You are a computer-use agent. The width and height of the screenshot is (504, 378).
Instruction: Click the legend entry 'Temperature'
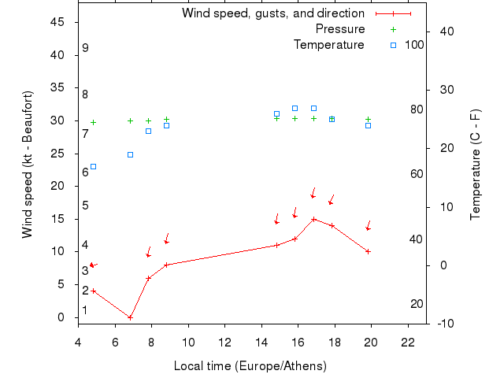click(329, 45)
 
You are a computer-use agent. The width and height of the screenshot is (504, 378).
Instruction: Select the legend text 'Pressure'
click(340, 29)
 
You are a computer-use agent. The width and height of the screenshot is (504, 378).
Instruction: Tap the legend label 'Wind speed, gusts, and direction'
click(273, 13)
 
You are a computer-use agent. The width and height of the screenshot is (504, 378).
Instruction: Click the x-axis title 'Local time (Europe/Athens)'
click(250, 366)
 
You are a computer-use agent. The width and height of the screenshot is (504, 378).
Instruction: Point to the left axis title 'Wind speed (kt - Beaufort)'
click(28, 164)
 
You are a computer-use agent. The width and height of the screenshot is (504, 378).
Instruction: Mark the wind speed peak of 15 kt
click(313, 219)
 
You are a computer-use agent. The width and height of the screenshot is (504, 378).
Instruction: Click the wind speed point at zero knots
click(130, 317)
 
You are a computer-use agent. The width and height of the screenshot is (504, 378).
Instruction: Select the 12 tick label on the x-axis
click(225, 343)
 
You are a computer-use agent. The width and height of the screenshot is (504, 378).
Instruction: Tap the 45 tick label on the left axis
click(57, 22)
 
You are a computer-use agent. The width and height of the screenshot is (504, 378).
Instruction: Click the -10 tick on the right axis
click(443, 324)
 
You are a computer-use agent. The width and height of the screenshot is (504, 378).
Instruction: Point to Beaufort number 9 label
click(85, 48)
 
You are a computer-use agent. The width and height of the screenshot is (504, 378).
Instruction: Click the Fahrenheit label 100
click(414, 45)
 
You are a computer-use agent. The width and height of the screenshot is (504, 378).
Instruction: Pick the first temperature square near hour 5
click(93, 166)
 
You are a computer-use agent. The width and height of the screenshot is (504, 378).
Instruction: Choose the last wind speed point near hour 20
click(368, 251)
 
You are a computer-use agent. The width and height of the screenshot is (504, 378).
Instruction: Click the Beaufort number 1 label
click(85, 310)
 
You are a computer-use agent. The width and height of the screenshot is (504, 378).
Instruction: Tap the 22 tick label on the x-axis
click(408, 343)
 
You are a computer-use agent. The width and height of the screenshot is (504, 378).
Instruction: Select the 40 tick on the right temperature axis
click(443, 31)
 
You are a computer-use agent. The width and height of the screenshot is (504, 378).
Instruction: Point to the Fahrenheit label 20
click(417, 304)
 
